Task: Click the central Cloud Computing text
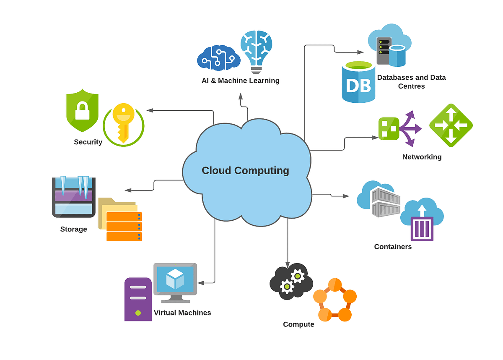pos(245,171)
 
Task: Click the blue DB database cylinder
pos(358,83)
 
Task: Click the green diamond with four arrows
pos(451,125)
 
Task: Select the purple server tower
pos(138,299)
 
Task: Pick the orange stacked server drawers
pos(124,227)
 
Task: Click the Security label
pos(88,142)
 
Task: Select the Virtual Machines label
pos(182,313)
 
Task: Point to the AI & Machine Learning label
pos(240,81)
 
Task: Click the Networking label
pos(422,157)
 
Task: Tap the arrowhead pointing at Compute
pos(288,263)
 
